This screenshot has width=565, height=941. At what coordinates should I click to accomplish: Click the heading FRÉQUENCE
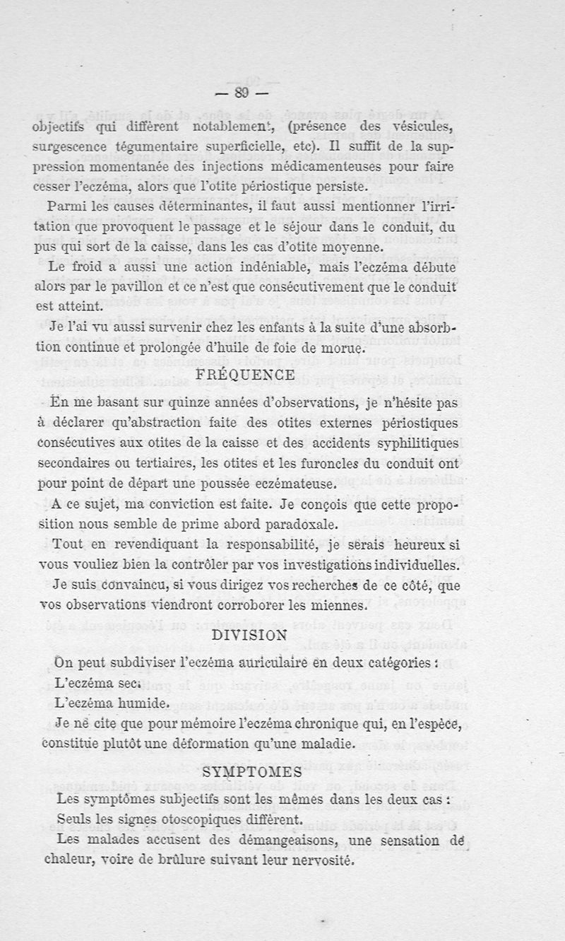244,375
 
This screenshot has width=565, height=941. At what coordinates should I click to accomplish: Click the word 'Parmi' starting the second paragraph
62,208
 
